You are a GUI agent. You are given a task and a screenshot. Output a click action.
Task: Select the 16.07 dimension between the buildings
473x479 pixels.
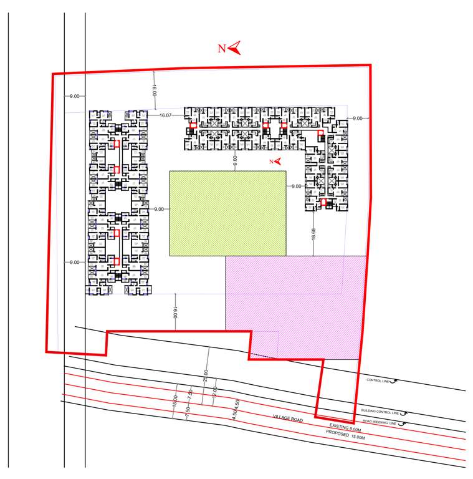(165, 115)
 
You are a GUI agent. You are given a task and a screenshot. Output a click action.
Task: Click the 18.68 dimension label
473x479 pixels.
(313, 234)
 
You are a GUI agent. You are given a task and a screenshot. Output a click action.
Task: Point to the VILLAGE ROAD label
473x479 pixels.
(288, 420)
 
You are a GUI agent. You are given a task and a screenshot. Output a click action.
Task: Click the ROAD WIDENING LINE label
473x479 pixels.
(379, 422)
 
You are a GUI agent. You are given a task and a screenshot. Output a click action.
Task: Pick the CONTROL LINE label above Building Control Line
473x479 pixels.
(378, 380)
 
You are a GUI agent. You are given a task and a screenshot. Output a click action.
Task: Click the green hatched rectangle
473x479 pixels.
(227, 213)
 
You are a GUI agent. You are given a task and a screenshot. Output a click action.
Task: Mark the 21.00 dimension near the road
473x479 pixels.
(206, 375)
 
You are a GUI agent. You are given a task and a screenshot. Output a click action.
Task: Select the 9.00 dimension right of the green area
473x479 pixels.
(295, 186)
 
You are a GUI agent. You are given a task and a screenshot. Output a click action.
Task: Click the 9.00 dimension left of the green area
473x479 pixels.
(159, 209)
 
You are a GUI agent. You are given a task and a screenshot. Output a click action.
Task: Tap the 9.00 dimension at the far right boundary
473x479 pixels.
(357, 118)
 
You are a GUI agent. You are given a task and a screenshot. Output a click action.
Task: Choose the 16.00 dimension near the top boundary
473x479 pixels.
(154, 90)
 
